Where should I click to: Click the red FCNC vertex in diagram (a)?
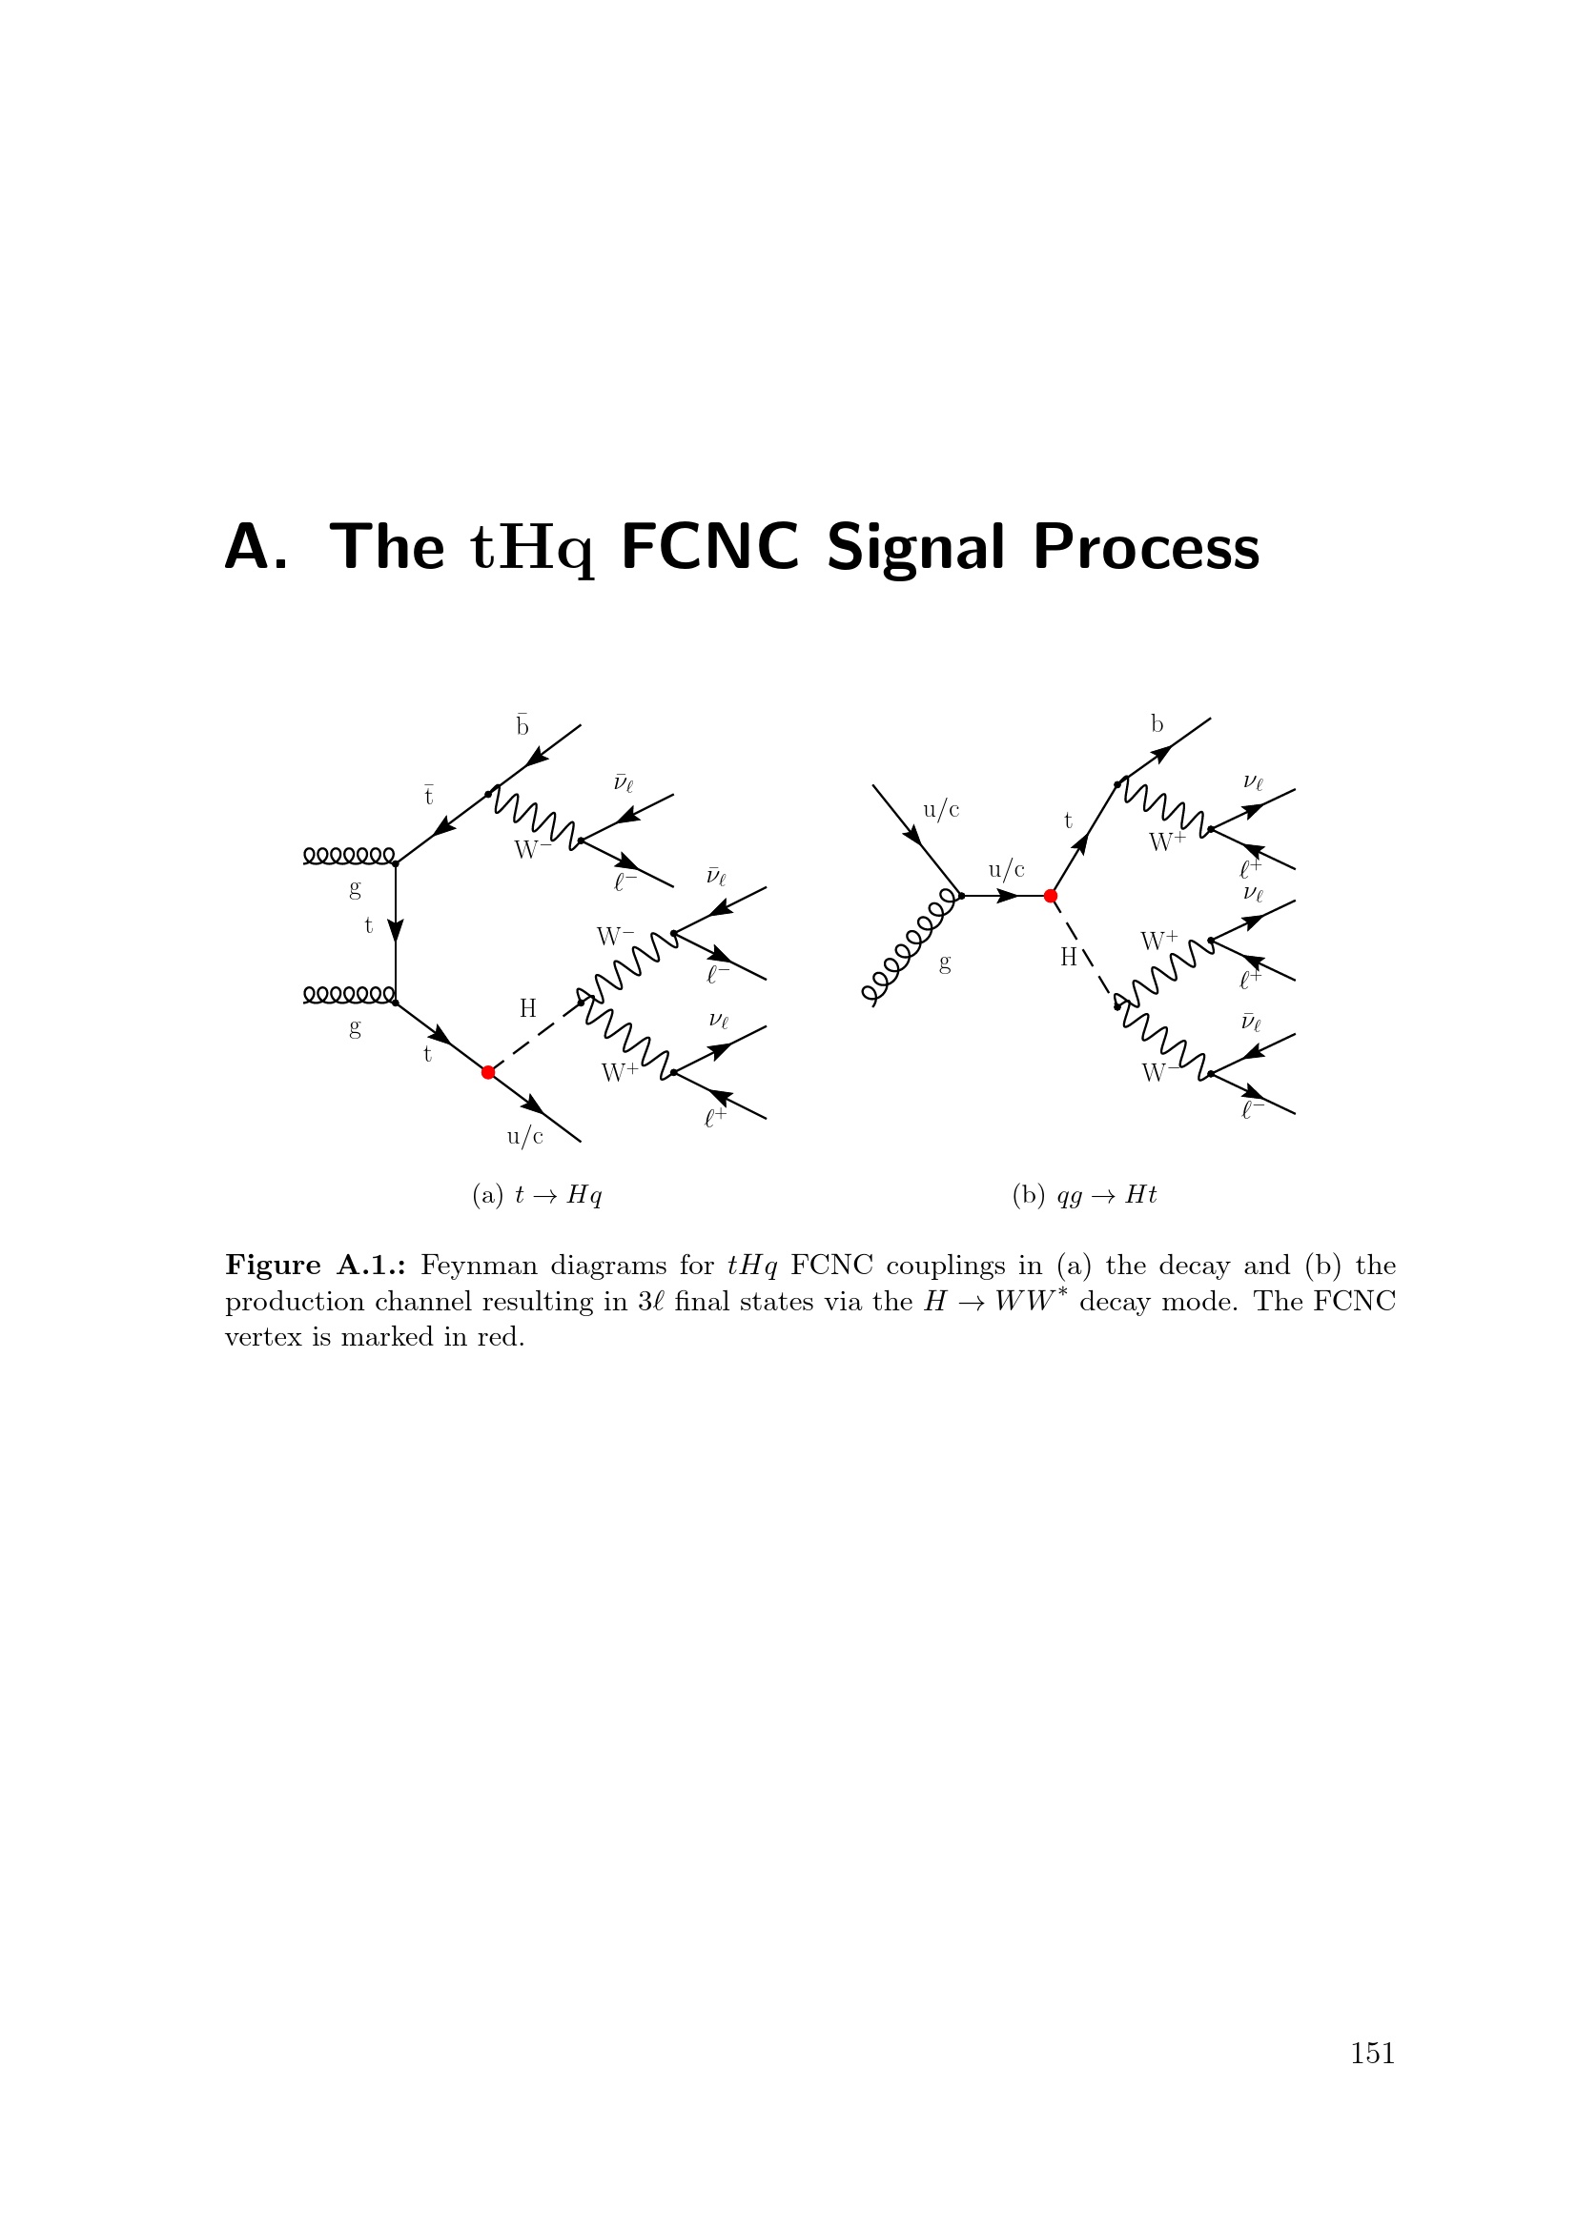[488, 1072]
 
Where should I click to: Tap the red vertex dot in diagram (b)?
[1050, 896]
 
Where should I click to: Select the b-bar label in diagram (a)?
[522, 725]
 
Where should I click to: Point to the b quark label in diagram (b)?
[1157, 724]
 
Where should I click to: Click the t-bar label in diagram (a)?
[428, 796]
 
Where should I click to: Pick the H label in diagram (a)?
[528, 1008]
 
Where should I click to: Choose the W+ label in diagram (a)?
[620, 1073]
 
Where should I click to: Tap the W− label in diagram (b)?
[1158, 1073]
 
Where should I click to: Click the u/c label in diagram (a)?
[525, 1136]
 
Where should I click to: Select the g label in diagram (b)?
[945, 964]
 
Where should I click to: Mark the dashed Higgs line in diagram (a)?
[534, 1037]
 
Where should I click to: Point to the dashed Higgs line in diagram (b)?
[1084, 951]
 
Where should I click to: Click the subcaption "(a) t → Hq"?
[537, 1195]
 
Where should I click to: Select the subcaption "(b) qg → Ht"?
[1085, 1195]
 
